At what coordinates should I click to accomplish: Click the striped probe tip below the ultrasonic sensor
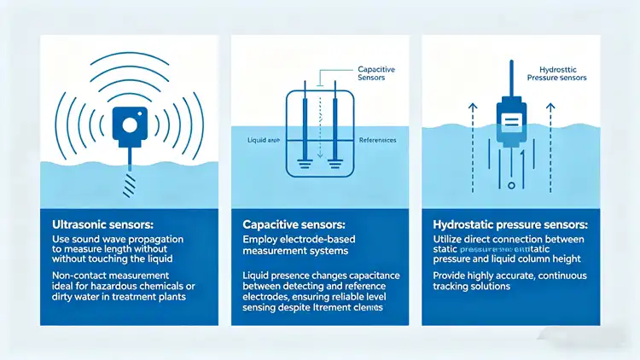(130, 183)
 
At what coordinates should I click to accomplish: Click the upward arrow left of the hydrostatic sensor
(472, 128)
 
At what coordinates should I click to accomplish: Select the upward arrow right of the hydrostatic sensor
(550, 128)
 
